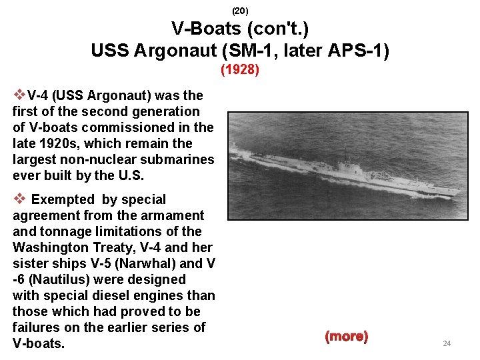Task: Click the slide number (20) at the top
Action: click(240, 11)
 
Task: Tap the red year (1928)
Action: click(240, 69)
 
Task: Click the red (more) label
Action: click(346, 337)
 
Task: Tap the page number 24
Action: click(447, 343)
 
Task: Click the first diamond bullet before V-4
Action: click(19, 95)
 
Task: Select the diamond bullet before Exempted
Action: click(19, 199)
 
